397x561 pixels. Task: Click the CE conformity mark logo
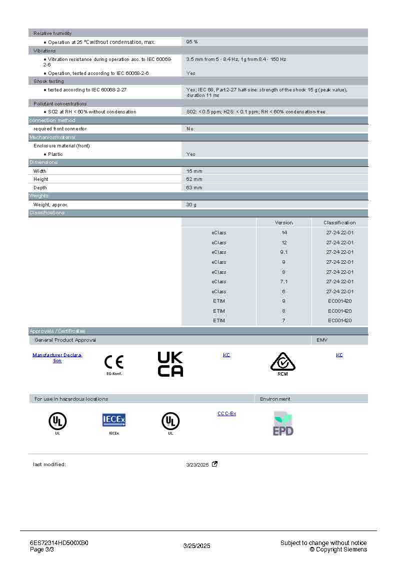coord(113,362)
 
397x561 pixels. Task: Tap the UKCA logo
coord(170,364)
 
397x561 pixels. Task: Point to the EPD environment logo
coord(283,424)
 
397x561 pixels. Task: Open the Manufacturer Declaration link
coord(57,358)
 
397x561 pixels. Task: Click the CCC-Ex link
coord(226,414)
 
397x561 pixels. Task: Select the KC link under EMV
coord(339,355)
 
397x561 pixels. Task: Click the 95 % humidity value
coord(192,42)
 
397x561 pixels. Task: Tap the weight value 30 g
coord(191,205)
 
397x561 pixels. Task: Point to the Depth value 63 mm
coord(194,188)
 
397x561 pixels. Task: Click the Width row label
coord(40,171)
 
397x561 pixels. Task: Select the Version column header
coord(284,223)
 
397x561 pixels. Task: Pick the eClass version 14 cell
coord(284,233)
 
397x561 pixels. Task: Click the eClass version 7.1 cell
coord(284,282)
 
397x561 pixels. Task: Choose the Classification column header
coord(339,223)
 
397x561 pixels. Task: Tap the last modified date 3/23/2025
coord(197,465)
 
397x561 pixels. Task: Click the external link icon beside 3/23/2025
coord(215,464)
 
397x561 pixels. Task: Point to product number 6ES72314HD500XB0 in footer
coord(59,543)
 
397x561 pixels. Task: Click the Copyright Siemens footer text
coord(338,550)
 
